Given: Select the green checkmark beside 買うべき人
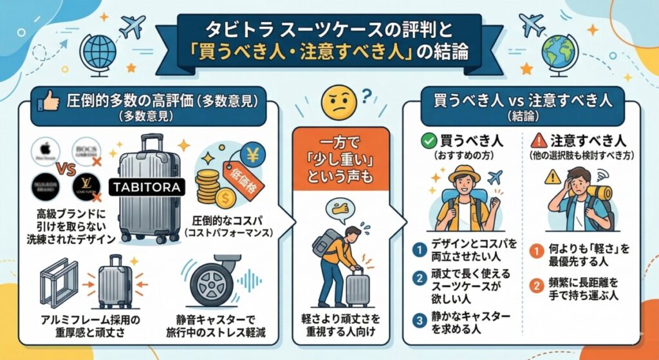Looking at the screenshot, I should click(428, 138).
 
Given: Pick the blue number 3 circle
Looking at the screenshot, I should click(419, 318).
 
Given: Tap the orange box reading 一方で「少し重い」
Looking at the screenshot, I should click(341, 159).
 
